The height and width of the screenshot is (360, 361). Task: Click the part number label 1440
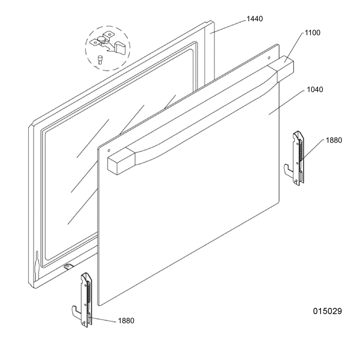click(x=255, y=19)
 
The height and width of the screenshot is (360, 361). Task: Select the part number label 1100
click(x=312, y=33)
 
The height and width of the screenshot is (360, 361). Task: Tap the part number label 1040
click(x=315, y=89)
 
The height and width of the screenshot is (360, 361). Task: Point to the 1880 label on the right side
click(x=334, y=140)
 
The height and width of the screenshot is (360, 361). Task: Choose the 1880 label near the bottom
click(x=126, y=321)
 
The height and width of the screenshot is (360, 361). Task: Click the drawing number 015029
click(x=327, y=311)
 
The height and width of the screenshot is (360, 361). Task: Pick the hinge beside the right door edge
click(x=295, y=159)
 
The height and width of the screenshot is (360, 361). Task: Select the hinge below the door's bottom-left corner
click(x=83, y=300)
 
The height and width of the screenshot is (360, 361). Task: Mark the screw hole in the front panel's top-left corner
click(x=109, y=150)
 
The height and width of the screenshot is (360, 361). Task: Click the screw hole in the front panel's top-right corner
click(x=269, y=57)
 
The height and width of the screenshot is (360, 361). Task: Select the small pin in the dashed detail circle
click(x=100, y=60)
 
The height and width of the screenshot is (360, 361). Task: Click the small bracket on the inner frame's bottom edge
click(x=67, y=267)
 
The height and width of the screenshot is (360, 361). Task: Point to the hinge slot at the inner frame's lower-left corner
click(x=36, y=265)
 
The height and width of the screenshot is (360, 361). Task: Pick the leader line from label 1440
click(x=228, y=27)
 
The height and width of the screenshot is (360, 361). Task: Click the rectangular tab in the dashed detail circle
click(x=120, y=48)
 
